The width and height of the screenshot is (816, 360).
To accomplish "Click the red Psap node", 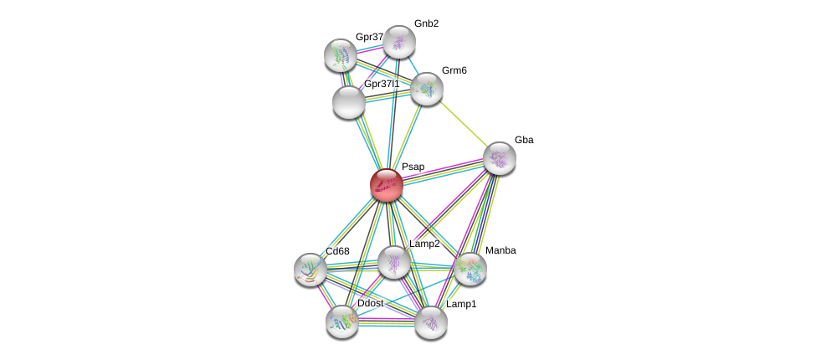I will click(x=387, y=184).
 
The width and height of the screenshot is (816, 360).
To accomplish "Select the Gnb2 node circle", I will click(x=399, y=41).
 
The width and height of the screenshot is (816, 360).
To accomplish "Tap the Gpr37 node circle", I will click(x=341, y=54).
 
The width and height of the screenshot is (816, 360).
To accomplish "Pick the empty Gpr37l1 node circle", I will click(x=348, y=101).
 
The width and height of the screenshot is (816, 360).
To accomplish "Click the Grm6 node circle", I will click(x=426, y=88).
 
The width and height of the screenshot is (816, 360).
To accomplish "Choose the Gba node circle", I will click(x=500, y=157).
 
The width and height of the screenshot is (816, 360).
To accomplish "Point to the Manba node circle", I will click(x=470, y=269).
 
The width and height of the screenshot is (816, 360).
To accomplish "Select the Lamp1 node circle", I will click(x=431, y=321).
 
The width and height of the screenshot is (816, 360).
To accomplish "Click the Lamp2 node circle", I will click(x=393, y=262).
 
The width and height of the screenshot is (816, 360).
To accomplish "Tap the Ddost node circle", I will click(x=341, y=321).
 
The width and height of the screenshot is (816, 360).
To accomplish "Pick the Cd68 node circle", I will click(x=310, y=269).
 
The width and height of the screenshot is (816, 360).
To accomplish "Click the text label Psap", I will click(x=413, y=167).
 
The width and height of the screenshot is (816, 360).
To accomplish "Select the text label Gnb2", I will click(x=426, y=23).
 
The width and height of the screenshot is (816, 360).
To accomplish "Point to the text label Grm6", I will click(x=454, y=70).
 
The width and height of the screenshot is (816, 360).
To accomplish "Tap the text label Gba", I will click(x=524, y=140).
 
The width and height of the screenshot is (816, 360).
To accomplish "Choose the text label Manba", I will click(x=500, y=250).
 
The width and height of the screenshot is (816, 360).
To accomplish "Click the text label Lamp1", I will click(x=461, y=304).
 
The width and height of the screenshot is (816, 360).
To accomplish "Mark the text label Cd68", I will click(x=338, y=251).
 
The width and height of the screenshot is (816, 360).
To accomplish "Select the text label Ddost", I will click(x=370, y=303).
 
